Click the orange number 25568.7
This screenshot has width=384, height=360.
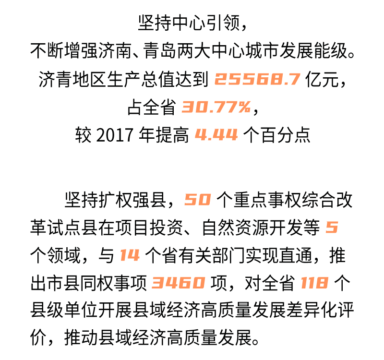pyautogui.click(x=257, y=80)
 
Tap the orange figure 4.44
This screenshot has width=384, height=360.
pyautogui.click(x=216, y=135)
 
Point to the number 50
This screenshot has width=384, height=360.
pyautogui.click(x=198, y=200)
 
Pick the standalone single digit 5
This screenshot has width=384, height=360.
pyautogui.click(x=332, y=228)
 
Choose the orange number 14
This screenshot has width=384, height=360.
pyautogui.click(x=130, y=255)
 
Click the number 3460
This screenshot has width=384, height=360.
pyautogui.click(x=179, y=283)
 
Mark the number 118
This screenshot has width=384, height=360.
pyautogui.click(x=314, y=283)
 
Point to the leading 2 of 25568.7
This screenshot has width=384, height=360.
pyautogui.click(x=221, y=80)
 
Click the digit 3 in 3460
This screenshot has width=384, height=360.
pyautogui.click(x=158, y=283)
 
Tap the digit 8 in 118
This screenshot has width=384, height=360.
pyautogui.click(x=322, y=283)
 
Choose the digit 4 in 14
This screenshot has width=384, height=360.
pyautogui.click(x=133, y=255)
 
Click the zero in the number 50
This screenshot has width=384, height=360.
pyautogui.click(x=204, y=200)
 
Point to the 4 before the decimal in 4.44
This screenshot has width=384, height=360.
pyautogui.click(x=201, y=135)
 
